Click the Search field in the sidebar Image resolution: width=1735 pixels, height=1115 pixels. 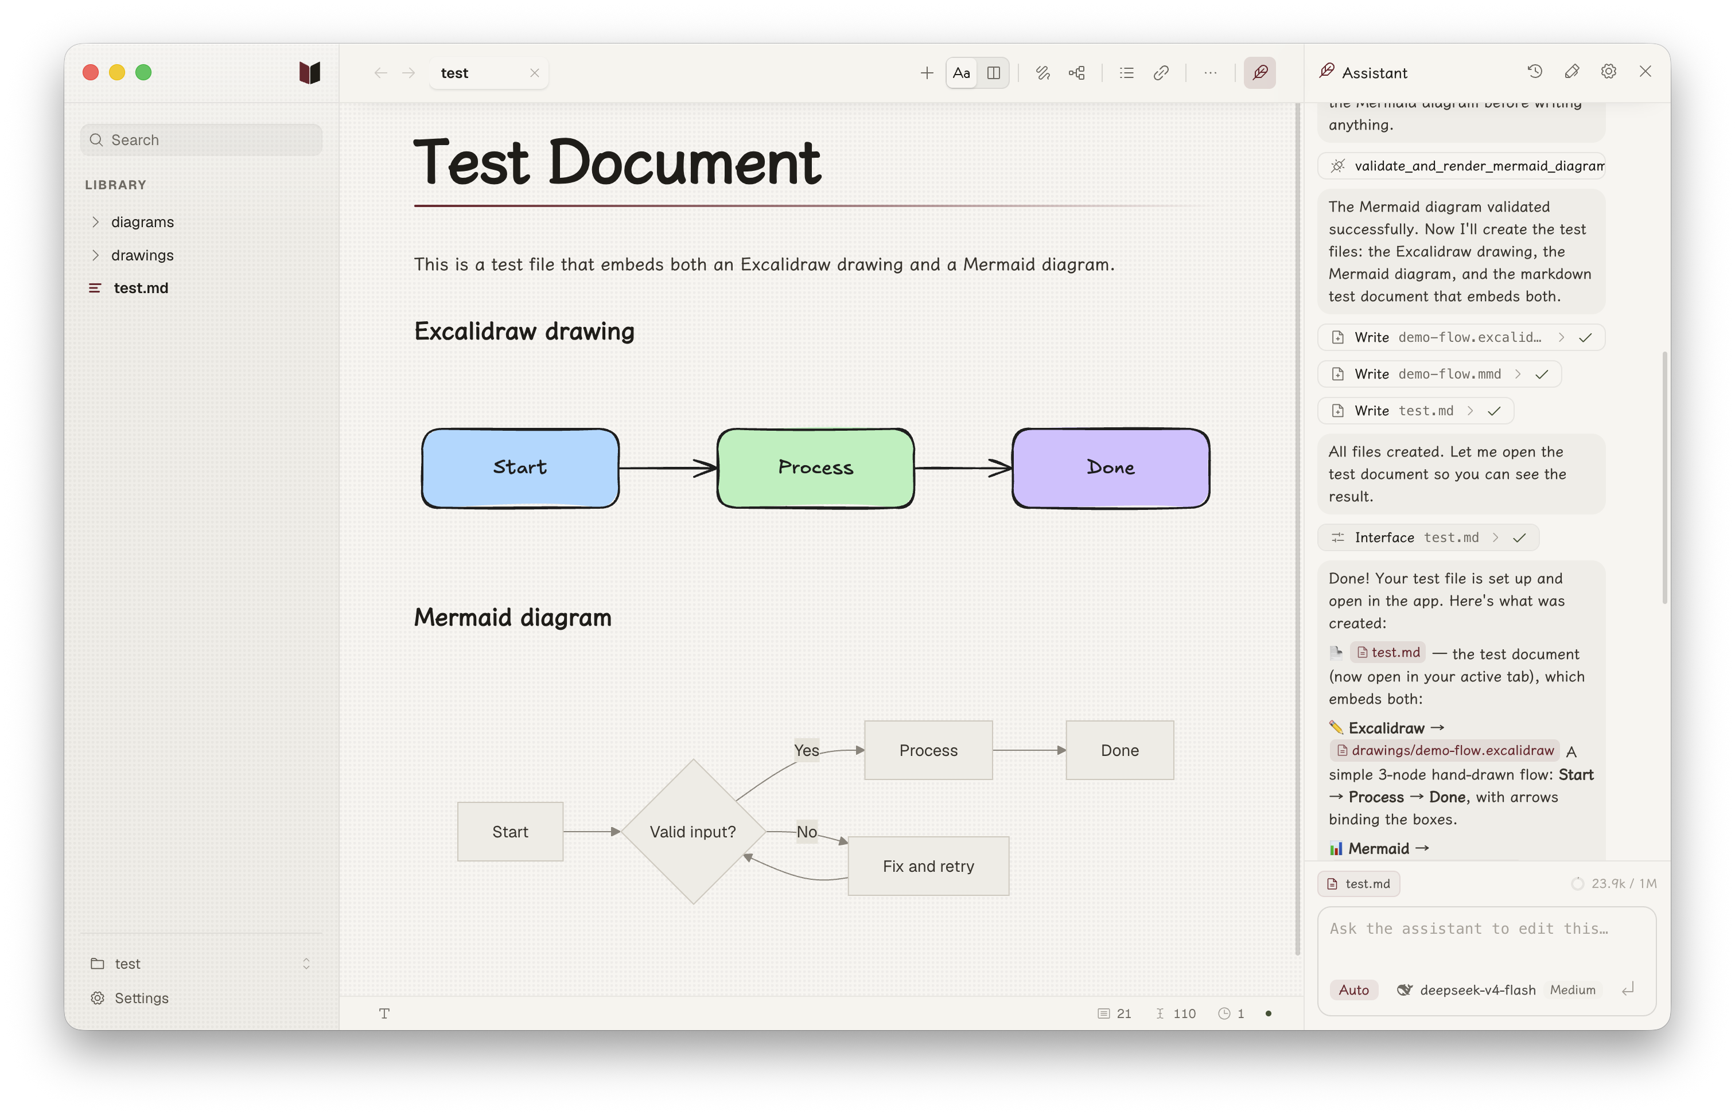(201, 140)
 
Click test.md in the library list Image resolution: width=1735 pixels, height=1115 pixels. (141, 288)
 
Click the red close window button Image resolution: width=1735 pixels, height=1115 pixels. (91, 72)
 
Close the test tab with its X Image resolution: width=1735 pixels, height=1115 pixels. (534, 73)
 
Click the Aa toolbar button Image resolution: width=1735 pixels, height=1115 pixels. (961, 73)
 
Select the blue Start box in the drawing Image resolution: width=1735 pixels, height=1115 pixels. (520, 467)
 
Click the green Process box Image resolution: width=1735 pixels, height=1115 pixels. (815, 467)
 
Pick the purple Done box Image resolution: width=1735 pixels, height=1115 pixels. (1110, 467)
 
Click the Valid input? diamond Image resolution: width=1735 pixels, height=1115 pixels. (693, 831)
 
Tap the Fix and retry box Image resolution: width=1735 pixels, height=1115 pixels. (928, 866)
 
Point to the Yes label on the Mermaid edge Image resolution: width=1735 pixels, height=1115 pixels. (807, 750)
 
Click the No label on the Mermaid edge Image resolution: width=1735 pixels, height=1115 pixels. (807, 831)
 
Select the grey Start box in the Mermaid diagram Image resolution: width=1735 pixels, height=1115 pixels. (510, 831)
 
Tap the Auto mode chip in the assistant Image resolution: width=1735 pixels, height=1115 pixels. (1353, 990)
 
